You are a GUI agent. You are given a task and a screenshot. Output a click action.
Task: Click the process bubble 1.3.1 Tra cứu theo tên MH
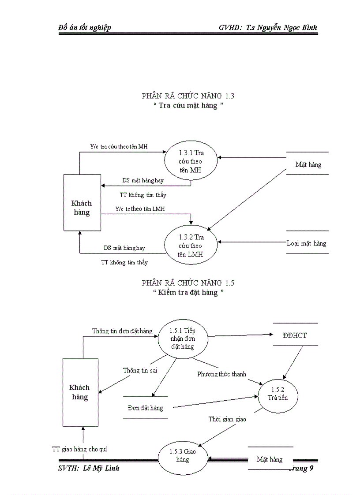[191, 162]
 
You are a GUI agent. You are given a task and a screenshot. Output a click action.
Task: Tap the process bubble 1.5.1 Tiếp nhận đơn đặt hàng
[182, 338]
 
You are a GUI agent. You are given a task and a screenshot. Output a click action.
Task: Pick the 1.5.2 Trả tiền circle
[278, 394]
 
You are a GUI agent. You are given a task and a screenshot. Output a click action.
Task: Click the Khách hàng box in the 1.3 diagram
[82, 202]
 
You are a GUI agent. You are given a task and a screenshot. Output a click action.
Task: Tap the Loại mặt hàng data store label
[307, 243]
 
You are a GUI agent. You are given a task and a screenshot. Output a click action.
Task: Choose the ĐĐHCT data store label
[295, 335]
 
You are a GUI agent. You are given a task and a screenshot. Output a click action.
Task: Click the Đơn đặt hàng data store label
[145, 408]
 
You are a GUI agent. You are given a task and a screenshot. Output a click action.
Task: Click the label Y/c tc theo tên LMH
[140, 208]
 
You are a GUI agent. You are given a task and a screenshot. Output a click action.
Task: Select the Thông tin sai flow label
[140, 370]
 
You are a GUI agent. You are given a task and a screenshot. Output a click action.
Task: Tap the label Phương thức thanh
[221, 374]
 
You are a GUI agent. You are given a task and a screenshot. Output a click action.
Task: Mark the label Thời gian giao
[227, 419]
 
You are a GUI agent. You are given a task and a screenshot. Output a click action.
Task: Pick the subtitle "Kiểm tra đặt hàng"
[188, 292]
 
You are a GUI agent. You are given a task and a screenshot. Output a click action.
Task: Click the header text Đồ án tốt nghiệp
[85, 27]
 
